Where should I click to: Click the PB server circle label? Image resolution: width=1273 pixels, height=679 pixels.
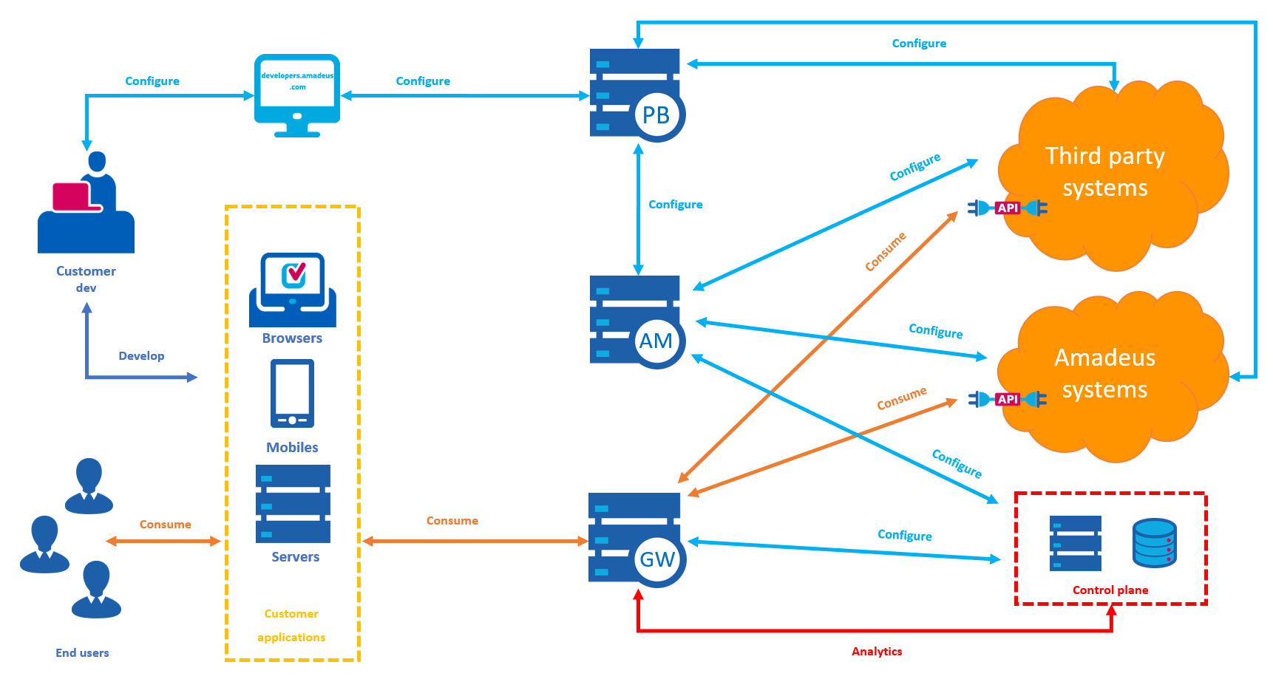pos(656,115)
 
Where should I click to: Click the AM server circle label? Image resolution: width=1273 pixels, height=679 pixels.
pos(656,341)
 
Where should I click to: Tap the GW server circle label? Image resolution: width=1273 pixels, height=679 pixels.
pos(657,559)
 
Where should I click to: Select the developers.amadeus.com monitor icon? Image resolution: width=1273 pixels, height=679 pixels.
pos(297,95)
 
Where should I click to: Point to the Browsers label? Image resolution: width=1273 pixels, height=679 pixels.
pos(292,338)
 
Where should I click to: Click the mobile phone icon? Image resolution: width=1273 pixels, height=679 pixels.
pos(292,393)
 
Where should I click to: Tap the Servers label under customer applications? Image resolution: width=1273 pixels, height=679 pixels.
pos(295,557)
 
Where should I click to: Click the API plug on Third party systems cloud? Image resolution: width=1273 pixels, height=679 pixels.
pos(1008,208)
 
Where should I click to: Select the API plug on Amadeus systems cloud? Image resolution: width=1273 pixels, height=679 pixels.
pos(1008,400)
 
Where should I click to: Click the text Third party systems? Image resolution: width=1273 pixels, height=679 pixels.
pos(1105,171)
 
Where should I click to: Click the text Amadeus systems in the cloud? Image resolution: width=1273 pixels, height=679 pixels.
pos(1105,373)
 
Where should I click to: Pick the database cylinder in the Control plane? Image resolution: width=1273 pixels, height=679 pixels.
pos(1154,543)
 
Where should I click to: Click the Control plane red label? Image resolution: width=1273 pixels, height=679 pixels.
pos(1110,590)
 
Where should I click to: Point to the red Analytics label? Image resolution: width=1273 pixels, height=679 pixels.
pos(877,652)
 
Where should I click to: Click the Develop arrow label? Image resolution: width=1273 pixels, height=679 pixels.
pos(141,356)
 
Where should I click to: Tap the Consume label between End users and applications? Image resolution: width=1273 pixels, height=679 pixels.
pos(166,525)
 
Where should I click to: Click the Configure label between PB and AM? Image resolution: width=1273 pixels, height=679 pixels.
pos(675,205)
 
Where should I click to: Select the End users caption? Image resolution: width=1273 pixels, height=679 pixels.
pos(82,653)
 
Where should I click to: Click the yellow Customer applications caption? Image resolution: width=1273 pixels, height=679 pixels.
pos(291,625)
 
